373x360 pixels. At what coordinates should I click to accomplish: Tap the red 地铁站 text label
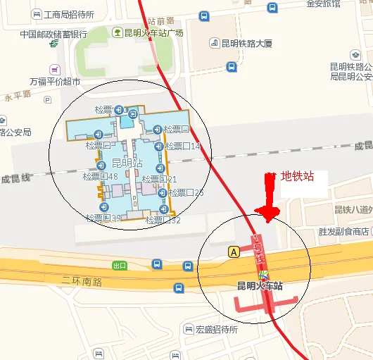coord(298,176)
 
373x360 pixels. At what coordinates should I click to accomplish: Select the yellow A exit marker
coord(234,251)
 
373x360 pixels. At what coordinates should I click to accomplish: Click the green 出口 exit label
coord(120,266)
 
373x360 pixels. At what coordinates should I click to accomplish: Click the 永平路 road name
coord(18,94)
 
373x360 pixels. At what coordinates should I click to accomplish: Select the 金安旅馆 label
coord(323,4)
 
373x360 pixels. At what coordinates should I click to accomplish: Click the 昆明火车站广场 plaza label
coord(153,33)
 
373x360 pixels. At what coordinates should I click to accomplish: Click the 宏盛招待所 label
coord(217,329)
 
